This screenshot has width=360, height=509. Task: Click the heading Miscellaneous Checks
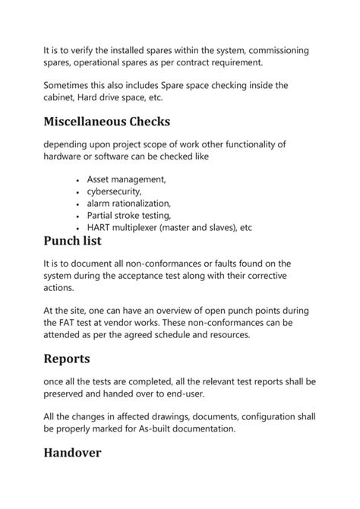(x=106, y=122)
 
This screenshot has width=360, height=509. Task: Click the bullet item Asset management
(x=126, y=179)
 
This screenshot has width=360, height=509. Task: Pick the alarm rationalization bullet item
(x=128, y=204)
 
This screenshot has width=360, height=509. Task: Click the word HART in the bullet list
(x=100, y=228)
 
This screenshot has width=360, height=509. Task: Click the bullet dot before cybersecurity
(x=78, y=192)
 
